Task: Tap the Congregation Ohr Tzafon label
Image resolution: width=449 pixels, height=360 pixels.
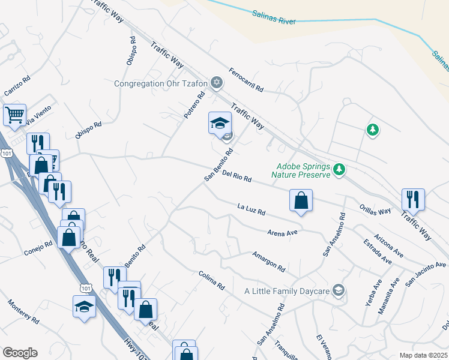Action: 161,83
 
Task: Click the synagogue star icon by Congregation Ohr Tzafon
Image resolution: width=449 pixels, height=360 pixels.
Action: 217,82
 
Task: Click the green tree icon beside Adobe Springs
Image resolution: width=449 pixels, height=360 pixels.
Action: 340,170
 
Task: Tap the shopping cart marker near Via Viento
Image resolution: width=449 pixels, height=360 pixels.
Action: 14,114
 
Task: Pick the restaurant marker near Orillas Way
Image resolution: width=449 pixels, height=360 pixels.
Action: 413,199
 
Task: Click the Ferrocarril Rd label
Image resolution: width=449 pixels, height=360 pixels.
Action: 246,79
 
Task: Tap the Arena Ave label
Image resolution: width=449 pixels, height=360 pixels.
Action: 283,230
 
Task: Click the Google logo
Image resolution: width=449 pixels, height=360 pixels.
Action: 20,353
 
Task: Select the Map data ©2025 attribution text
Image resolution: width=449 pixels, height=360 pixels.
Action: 423,355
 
